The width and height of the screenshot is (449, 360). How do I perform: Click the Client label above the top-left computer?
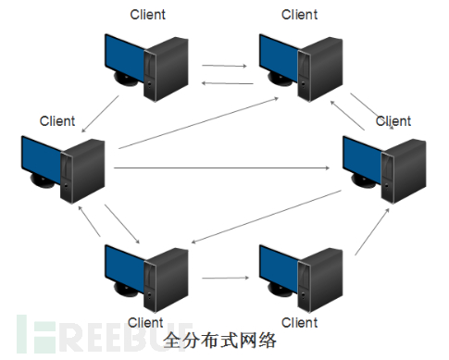point(148,14)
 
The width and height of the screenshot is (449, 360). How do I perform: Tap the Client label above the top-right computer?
point(299,14)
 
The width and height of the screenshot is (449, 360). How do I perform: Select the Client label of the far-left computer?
point(56,121)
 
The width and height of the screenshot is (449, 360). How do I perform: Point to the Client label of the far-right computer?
point(393,121)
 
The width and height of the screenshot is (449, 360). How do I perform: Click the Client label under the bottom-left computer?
point(145,322)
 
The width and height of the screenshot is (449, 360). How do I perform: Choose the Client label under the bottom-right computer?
point(299,322)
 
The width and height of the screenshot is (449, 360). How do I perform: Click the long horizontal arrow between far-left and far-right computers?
point(222,168)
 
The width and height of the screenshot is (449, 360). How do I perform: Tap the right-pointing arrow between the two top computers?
point(223,67)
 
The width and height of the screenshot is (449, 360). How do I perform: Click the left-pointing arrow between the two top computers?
point(223,82)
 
